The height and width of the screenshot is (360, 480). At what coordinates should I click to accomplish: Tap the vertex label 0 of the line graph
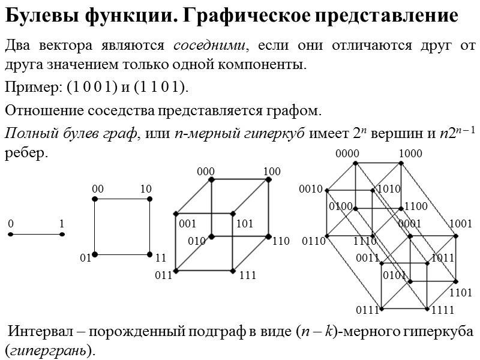pos(10,224)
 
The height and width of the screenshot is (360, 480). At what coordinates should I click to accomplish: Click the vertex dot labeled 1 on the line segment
pos(62,235)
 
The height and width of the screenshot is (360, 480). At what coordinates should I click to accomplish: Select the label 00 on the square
pos(98,190)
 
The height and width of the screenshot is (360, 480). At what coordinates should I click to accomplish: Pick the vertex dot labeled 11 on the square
pos(149,255)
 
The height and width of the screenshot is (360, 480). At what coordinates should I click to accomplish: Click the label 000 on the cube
pos(205,172)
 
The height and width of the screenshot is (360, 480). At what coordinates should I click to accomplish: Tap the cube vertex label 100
pos(271,172)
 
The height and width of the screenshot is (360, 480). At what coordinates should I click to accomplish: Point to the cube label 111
pos(247,276)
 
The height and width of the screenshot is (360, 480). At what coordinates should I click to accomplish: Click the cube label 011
pos(163,276)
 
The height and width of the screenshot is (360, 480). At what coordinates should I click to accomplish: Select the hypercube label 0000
pos(347,154)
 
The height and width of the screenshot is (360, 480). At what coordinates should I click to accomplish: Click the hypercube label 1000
pos(410,154)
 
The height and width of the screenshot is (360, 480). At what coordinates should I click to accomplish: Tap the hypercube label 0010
pos(311,190)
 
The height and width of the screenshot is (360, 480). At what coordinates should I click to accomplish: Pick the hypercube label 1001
pos(460,224)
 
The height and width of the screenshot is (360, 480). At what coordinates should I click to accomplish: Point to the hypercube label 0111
pos(367,310)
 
